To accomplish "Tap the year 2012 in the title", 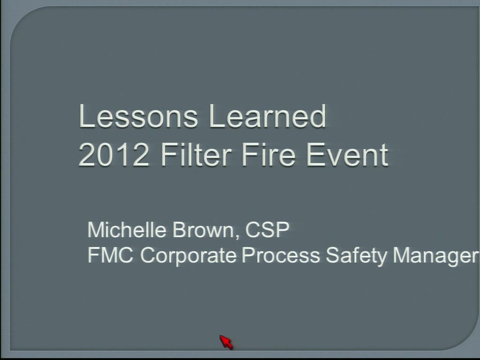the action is [x=114, y=155].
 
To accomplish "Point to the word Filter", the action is [x=196, y=155].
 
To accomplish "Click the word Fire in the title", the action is [x=269, y=155].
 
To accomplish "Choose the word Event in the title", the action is [x=347, y=155].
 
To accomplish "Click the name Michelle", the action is [x=127, y=230].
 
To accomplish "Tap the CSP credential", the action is [x=267, y=230].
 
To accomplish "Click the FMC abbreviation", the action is [x=111, y=255].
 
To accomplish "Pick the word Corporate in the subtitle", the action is [x=188, y=255].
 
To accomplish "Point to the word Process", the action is [x=281, y=255].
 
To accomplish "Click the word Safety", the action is [x=356, y=255].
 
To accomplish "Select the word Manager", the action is [x=436, y=255].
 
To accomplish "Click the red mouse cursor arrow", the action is [x=226, y=342].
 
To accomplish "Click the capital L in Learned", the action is [x=217, y=116].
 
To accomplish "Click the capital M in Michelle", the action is [x=97, y=230].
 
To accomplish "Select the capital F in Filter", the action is [x=169, y=155].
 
